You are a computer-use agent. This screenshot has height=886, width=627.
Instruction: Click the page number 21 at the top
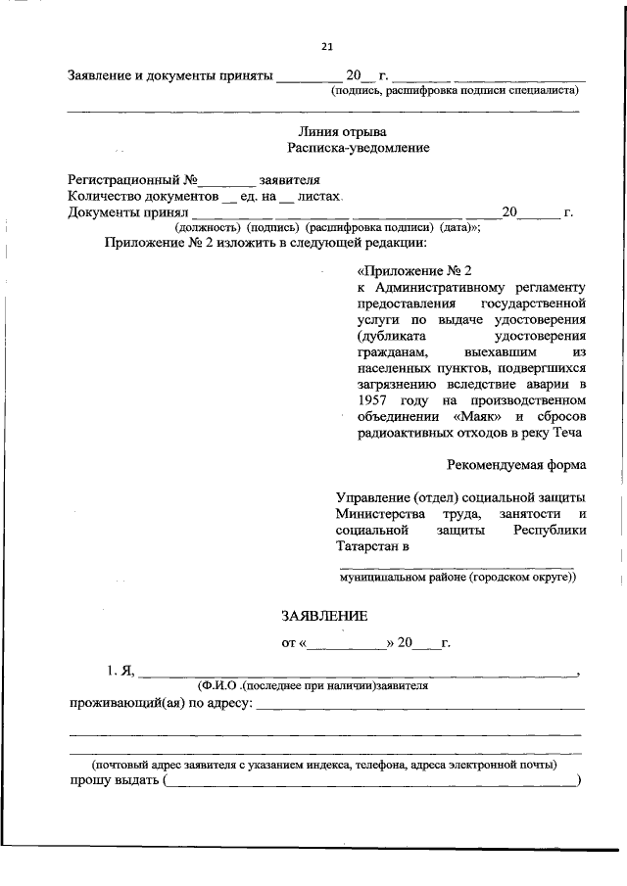click(x=327, y=45)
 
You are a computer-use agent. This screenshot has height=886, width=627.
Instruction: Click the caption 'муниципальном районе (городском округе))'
click(x=458, y=578)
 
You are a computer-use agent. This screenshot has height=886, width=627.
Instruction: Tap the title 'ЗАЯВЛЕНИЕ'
click(x=324, y=616)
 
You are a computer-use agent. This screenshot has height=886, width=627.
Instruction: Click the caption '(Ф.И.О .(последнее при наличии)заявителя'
click(x=313, y=686)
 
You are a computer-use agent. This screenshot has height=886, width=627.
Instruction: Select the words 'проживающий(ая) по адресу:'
click(x=160, y=702)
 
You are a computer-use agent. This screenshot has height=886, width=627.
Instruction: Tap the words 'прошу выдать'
click(x=114, y=779)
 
